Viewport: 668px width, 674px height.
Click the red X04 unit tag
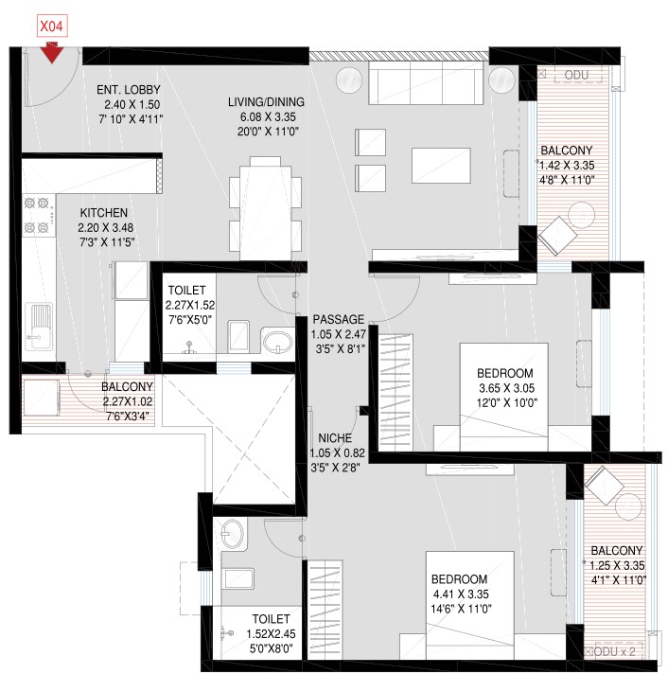point(51,27)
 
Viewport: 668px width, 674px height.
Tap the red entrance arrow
point(52,53)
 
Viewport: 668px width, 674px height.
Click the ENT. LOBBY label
point(129,90)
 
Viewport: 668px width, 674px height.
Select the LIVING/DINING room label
point(266,102)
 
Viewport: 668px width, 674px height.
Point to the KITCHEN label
point(104,213)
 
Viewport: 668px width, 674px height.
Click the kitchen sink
point(38,328)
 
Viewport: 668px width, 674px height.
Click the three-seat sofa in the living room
point(426,82)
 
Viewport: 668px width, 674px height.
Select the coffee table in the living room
point(441,166)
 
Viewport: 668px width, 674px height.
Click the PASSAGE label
point(339,319)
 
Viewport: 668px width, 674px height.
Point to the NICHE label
point(335,438)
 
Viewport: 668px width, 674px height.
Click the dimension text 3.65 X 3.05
point(507,388)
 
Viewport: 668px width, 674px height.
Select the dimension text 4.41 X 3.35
point(461,594)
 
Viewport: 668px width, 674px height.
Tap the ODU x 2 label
point(615,651)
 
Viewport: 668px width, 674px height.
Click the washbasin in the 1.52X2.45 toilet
point(233,534)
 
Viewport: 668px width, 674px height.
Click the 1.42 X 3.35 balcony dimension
point(567,166)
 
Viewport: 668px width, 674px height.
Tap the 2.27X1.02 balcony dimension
point(128,401)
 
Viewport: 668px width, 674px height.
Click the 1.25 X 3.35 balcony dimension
point(617,566)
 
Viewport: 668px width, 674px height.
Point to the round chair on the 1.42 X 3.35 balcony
point(582,215)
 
